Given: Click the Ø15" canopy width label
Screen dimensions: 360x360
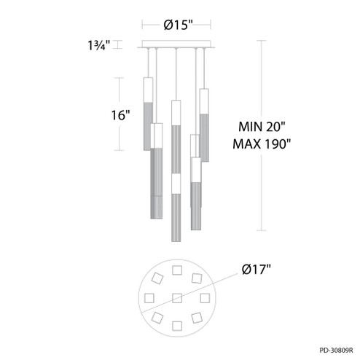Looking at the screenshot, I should click(177, 25).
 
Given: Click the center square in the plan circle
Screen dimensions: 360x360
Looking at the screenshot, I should click(177, 297).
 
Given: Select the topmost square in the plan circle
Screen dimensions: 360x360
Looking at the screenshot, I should click(178, 272).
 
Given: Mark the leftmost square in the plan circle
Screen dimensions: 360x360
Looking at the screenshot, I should click(151, 297).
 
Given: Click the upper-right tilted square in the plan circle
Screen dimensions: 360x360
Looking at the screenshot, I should click(196, 279).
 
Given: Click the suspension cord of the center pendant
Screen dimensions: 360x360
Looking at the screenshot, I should click(176, 73).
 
